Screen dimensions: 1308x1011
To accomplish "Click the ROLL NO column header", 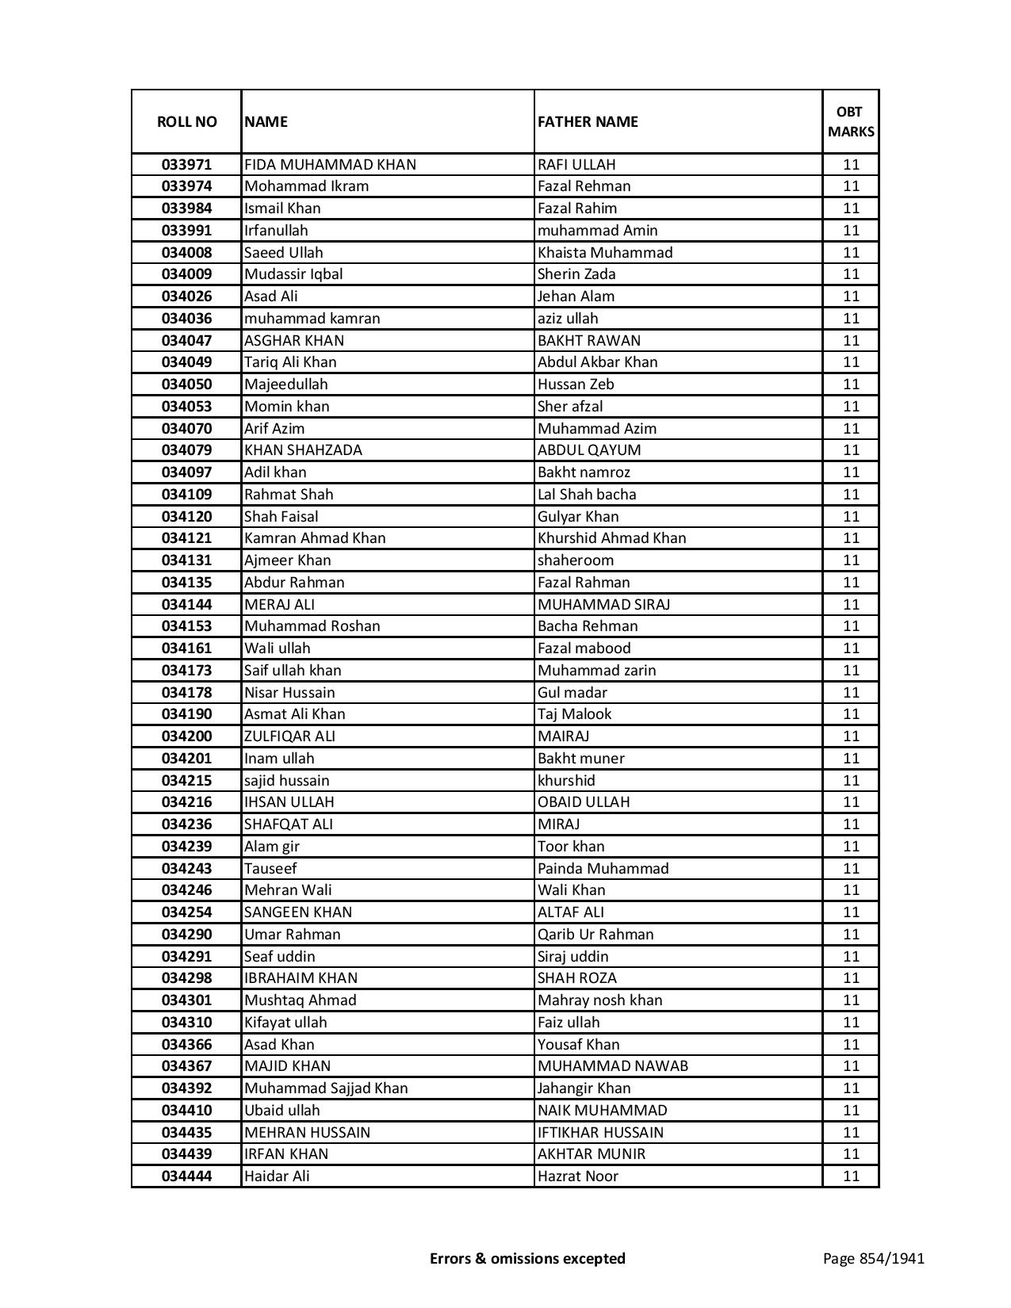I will click(186, 121).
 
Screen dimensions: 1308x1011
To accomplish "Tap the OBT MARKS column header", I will click(850, 121).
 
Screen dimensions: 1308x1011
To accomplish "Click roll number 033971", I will click(186, 165).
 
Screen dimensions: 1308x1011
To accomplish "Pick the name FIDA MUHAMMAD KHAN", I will click(330, 165).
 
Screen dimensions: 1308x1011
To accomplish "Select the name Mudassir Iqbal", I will click(293, 274).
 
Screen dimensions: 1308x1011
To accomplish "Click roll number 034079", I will click(186, 450).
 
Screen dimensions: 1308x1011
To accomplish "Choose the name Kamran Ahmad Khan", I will click(315, 538).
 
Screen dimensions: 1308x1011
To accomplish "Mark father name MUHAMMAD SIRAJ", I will click(603, 604).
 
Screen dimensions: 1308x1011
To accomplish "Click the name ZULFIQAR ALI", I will click(289, 736).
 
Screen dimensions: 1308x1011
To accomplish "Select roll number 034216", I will click(186, 802).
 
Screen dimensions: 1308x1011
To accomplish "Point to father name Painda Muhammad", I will click(603, 868).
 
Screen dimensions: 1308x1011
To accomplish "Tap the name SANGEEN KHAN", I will click(298, 912).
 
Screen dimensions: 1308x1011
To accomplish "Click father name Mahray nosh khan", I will click(599, 1000).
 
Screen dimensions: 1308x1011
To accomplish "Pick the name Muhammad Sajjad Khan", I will click(326, 1088).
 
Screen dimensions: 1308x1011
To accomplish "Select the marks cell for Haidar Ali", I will click(850, 1176).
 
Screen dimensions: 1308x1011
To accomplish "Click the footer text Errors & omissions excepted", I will click(527, 1258).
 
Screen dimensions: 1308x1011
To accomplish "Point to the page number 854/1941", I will click(873, 1258).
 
